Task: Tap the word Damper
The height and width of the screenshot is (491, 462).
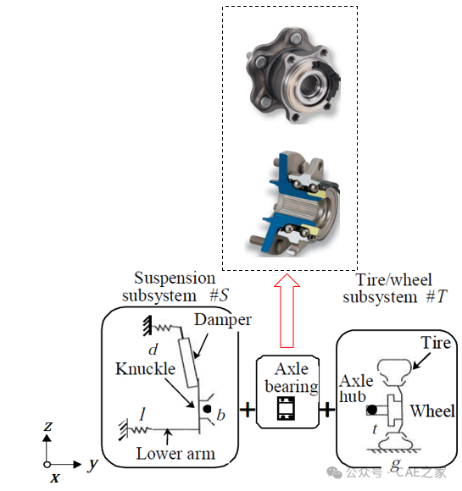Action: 223,320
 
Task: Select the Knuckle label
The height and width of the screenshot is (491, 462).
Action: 145,368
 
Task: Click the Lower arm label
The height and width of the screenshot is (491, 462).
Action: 175,454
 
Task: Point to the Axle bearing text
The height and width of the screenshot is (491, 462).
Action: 292,378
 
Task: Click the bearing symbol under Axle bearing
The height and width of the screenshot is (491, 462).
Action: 286,408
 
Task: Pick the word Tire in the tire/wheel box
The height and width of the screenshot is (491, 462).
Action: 436,343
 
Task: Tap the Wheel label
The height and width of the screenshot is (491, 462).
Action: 432,411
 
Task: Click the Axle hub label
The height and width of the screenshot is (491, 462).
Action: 356,389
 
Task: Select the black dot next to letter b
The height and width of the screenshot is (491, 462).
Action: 207,409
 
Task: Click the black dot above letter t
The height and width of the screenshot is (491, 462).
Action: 372,410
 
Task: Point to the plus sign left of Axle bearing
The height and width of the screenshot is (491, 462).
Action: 248,409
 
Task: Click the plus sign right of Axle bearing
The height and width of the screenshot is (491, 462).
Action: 327,409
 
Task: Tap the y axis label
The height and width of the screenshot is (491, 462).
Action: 92,465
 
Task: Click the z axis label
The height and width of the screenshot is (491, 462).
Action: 48,426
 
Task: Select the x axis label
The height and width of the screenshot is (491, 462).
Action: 55,477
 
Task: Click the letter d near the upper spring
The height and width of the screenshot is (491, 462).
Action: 153,349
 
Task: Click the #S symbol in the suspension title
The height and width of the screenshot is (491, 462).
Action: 219,295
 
